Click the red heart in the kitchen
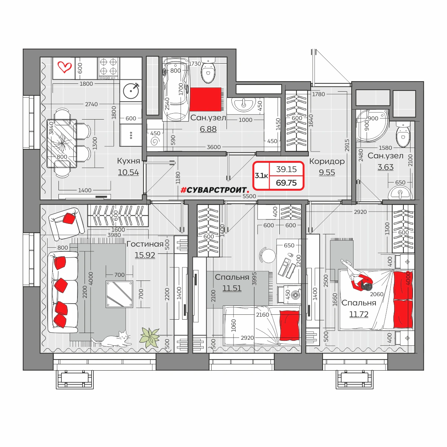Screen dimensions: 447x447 click(x=64, y=67)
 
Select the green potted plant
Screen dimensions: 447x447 click(x=150, y=337)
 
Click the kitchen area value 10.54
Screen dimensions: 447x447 click(x=128, y=172)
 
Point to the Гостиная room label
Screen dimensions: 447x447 click(x=145, y=244)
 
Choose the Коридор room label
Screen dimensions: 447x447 click(x=327, y=161)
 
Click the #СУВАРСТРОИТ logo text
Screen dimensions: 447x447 click(x=215, y=190)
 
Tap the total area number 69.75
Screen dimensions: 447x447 click(x=286, y=183)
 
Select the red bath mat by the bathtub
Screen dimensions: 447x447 click(x=206, y=99)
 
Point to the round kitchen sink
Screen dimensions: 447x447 click(x=131, y=91)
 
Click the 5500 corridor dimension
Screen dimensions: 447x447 click(x=249, y=196)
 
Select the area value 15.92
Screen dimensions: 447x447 click(x=145, y=255)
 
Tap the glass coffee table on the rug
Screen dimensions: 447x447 click(x=120, y=294)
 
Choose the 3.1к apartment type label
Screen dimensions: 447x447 click(x=261, y=175)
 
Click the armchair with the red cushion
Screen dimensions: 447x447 click(x=66, y=223)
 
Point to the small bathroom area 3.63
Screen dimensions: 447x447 click(x=385, y=167)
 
